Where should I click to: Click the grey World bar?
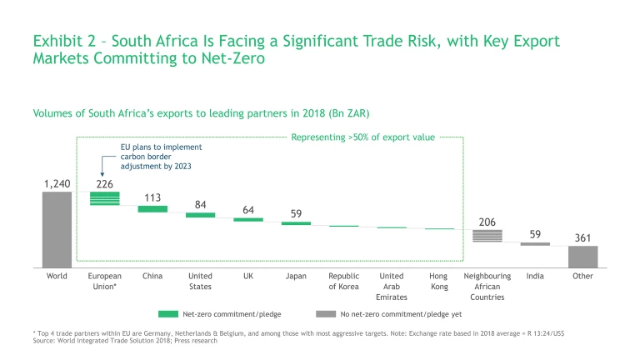(57, 230)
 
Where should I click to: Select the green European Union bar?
(105, 197)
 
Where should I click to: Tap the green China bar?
(152, 209)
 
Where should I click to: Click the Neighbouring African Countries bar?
(487, 236)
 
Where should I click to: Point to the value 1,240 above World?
(57, 182)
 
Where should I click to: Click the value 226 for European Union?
(105, 182)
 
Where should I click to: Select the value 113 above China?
(152, 197)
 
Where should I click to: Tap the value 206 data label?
(487, 222)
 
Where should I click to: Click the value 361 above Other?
(582, 238)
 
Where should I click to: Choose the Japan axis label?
(296, 276)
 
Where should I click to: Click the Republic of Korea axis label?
(343, 281)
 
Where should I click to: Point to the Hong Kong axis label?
(439, 281)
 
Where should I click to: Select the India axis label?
(535, 276)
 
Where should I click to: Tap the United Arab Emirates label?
(392, 286)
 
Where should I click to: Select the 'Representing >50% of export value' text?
(362, 137)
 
